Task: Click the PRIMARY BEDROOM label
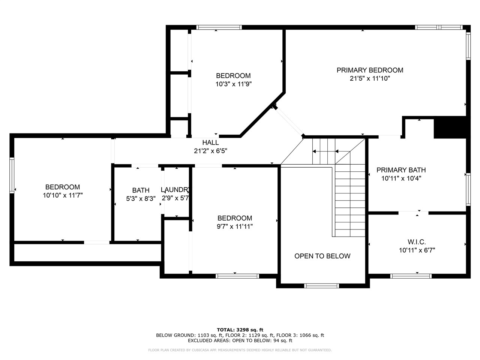(x=370, y=70)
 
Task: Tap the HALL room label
(x=210, y=142)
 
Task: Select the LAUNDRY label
(x=175, y=189)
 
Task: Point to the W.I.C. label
(x=417, y=242)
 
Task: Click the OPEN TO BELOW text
(x=322, y=256)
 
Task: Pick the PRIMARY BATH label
(x=401, y=170)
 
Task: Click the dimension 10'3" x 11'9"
(x=234, y=84)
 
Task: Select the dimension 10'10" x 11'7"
(x=63, y=195)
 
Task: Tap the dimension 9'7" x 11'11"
(x=235, y=226)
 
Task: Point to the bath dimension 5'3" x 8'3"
(x=141, y=198)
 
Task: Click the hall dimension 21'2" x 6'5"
(x=211, y=151)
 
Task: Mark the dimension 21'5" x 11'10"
(x=370, y=78)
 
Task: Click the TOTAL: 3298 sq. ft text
(x=240, y=330)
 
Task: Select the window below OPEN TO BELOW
(x=321, y=286)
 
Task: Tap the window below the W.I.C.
(x=411, y=276)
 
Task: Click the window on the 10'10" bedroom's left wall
(x=12, y=175)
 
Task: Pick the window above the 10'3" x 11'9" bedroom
(x=219, y=27)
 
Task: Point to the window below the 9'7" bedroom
(x=237, y=276)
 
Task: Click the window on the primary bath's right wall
(x=468, y=189)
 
